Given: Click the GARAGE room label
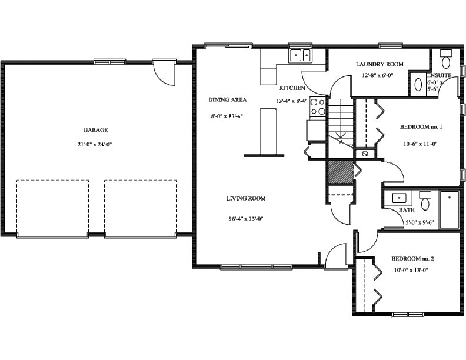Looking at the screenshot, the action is click(x=95, y=130).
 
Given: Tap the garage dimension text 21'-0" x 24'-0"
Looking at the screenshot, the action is click(x=95, y=145).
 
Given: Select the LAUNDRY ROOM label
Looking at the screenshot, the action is click(x=380, y=64).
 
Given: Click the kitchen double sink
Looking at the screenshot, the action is click(x=300, y=55).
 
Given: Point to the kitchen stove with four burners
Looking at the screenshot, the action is click(x=317, y=107).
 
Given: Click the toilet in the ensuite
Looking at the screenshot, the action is click(x=446, y=59).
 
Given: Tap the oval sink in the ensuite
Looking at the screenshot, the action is click(x=418, y=85).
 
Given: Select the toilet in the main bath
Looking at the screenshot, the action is click(x=425, y=201).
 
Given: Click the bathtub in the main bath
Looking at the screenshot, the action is click(x=450, y=210).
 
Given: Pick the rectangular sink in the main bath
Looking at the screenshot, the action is click(x=399, y=198).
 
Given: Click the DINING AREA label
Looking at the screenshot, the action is click(x=227, y=99).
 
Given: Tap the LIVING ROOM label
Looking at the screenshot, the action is click(x=246, y=198).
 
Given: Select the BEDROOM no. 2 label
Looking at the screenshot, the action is click(x=412, y=259).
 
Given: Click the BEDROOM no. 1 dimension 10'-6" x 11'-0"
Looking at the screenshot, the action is click(x=420, y=144).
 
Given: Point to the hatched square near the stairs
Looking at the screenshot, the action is click(x=340, y=172).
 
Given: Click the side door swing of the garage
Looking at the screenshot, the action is click(x=164, y=73).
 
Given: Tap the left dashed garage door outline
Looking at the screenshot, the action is click(x=52, y=208).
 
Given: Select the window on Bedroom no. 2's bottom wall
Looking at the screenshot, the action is click(x=408, y=315).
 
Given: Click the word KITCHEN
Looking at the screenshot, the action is click(x=292, y=88).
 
